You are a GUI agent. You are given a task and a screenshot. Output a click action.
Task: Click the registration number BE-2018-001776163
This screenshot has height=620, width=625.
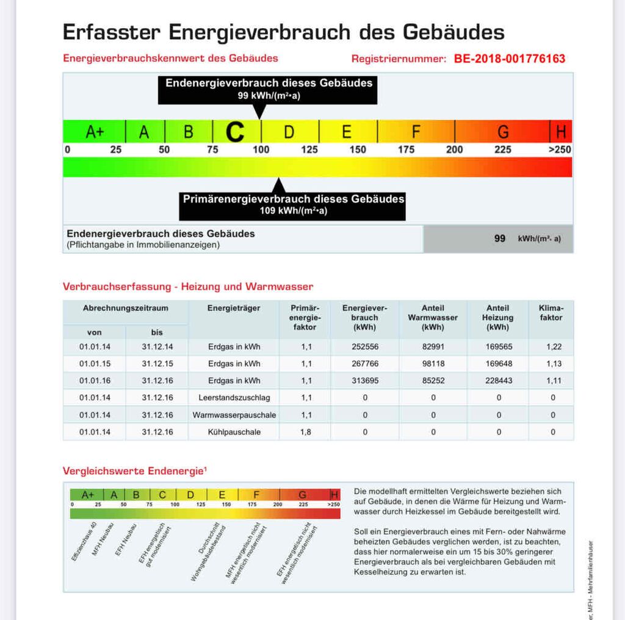click(510, 59)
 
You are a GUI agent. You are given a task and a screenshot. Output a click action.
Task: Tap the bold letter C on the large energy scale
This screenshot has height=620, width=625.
click(235, 131)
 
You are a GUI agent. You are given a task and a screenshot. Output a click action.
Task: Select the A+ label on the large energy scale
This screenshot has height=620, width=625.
click(95, 132)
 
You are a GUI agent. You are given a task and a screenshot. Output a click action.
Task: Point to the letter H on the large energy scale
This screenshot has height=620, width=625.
click(561, 132)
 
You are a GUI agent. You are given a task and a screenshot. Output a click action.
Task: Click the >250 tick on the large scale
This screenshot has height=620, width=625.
click(560, 150)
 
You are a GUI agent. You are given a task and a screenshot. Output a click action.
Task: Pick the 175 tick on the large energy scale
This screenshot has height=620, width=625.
click(406, 150)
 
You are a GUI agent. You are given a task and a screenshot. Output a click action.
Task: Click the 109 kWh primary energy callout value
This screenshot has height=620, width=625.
click(292, 211)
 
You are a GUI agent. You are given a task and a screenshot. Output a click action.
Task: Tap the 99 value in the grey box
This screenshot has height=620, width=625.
click(499, 239)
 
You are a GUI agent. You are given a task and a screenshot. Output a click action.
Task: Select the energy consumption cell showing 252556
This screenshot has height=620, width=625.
click(365, 347)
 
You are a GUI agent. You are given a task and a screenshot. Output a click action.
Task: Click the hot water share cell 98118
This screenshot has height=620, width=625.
click(433, 364)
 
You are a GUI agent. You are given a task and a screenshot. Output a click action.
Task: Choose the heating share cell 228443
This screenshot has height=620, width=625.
click(498, 381)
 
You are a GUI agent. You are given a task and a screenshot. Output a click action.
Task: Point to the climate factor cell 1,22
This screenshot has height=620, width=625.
click(552, 347)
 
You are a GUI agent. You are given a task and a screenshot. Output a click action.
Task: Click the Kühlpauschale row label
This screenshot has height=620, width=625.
click(234, 432)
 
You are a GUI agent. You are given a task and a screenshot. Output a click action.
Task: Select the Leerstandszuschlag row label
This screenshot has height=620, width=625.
click(234, 398)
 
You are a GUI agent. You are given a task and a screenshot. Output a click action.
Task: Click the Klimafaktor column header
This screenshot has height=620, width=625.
click(551, 312)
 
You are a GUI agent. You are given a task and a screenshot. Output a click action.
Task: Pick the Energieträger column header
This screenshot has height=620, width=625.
click(234, 308)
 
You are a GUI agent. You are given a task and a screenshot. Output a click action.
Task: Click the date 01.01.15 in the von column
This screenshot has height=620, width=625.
click(95, 364)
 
